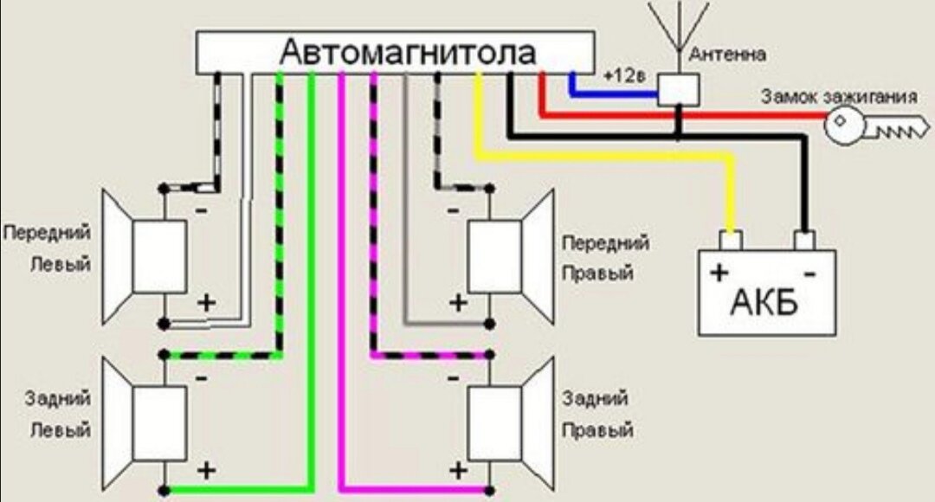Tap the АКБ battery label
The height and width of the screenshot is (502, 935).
coord(764,302)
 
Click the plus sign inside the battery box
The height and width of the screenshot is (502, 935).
coord(719,274)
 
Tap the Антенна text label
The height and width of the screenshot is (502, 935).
coord(727,55)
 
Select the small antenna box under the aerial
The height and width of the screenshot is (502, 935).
coord(679,89)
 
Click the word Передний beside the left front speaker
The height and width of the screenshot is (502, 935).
coord(48,234)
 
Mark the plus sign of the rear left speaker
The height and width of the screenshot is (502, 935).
coord(206,470)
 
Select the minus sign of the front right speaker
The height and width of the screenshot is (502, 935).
coord(453,210)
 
